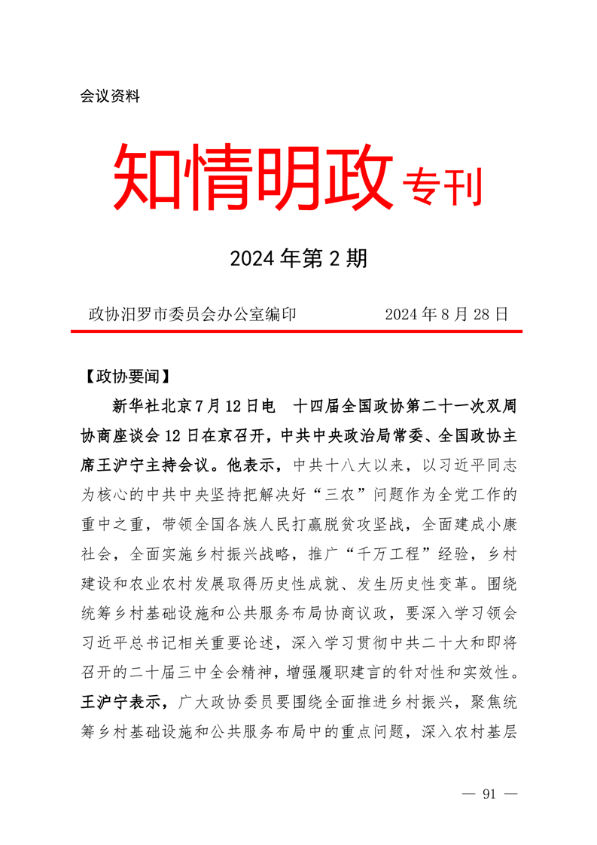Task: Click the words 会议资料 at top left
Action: click(110, 97)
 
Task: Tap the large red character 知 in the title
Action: click(149, 178)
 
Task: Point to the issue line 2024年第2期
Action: click(299, 260)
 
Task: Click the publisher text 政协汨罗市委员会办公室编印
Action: click(193, 314)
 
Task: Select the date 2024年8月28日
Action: click(446, 314)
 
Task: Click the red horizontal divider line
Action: click(299, 331)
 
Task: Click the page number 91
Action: click(490, 795)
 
